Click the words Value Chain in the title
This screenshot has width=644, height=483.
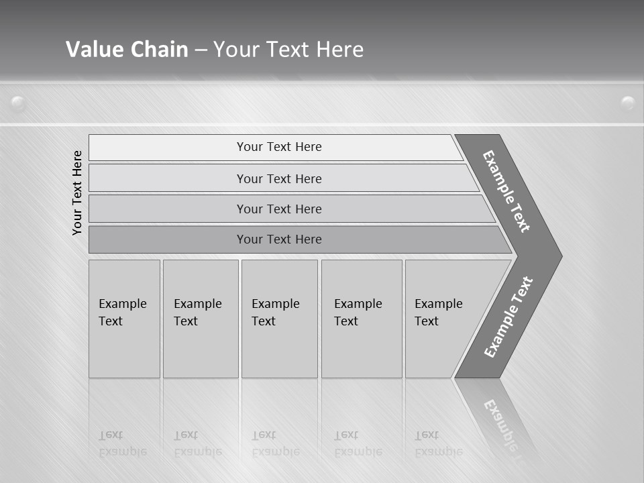[x=127, y=49]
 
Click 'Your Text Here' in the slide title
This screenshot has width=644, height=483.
[x=288, y=49]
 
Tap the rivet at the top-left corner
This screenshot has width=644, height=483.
[x=18, y=103]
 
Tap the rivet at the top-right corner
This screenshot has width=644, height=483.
[x=628, y=103]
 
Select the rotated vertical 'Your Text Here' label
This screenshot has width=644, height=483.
[x=77, y=193]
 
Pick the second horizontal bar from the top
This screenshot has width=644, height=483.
[x=278, y=178]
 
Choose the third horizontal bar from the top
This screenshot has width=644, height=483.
[x=278, y=209]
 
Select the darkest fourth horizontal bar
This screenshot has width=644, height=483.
[x=278, y=239]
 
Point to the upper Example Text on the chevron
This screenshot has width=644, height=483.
[x=507, y=191]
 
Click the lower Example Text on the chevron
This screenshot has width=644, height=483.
[x=508, y=317]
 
